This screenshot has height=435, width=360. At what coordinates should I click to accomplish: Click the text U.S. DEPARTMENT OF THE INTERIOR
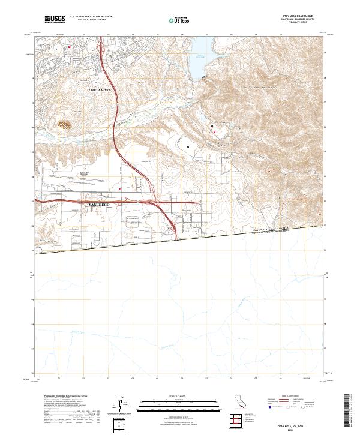tap(91, 16)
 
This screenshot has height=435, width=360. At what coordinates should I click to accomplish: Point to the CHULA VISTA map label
tap(100, 89)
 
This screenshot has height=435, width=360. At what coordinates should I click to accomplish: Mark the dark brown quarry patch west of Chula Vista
tap(64, 126)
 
